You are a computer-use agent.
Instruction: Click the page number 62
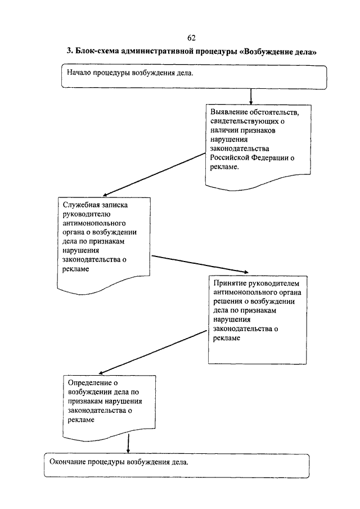pyautogui.click(x=191, y=38)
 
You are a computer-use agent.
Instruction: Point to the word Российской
pyautogui.click(x=229, y=158)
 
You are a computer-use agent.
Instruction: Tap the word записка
pyautogui.click(x=115, y=205)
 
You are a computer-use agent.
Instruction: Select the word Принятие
pyautogui.click(x=229, y=283)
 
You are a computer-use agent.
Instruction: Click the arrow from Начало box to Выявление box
pyautogui.click(x=251, y=97)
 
